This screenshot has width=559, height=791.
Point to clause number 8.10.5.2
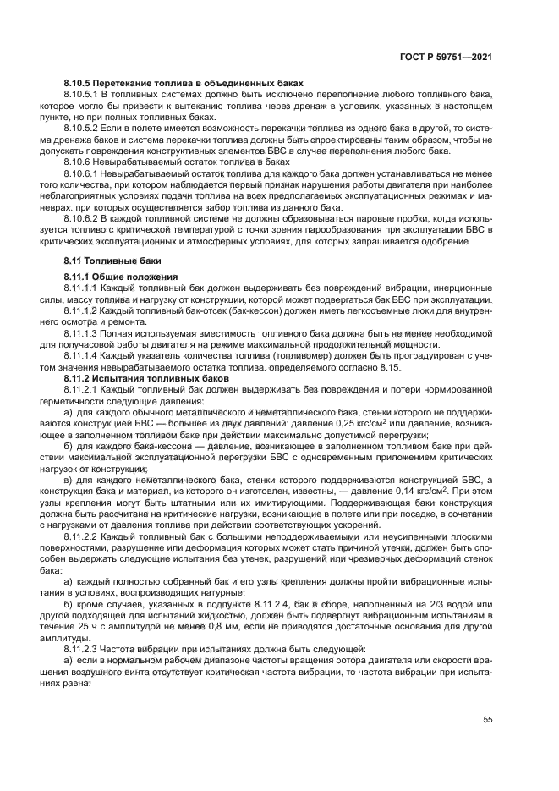(x=84, y=125)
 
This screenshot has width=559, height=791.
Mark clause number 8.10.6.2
(x=84, y=217)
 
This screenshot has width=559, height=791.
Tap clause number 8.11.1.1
(x=84, y=289)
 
